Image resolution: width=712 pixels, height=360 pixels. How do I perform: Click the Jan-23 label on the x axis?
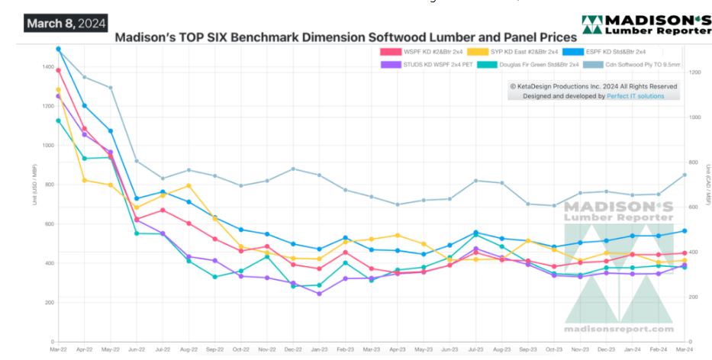[318, 349]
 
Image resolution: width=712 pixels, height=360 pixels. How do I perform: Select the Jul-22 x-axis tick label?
[162, 349]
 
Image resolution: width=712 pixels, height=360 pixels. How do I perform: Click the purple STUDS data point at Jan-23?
[318, 294]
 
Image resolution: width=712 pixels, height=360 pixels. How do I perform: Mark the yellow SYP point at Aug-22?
[188, 185]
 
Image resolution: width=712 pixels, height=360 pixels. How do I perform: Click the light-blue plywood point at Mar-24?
[684, 175]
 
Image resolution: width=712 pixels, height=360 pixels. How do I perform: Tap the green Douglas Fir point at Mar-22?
[58, 121]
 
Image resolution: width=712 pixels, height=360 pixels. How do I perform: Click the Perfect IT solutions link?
[636, 96]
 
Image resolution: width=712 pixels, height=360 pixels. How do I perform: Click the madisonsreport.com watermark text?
[618, 329]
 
